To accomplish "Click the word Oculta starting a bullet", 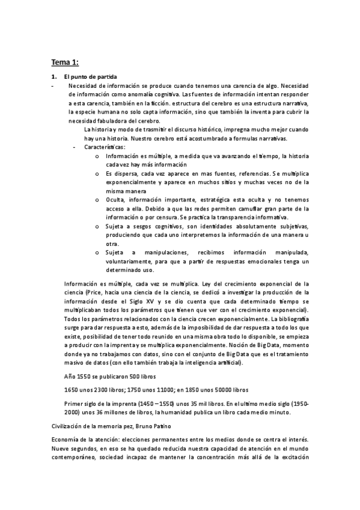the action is click(x=115, y=199).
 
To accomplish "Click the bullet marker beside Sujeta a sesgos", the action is click(x=97, y=226).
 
